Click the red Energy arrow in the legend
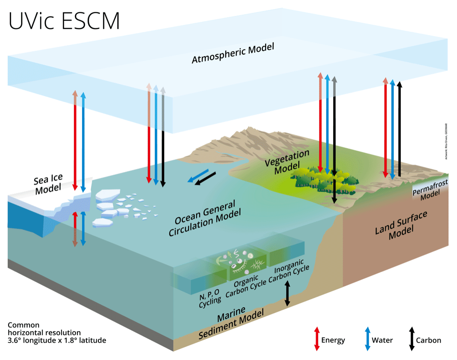click(x=317, y=338)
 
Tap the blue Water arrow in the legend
click(x=368, y=338)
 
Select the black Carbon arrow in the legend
click(x=411, y=338)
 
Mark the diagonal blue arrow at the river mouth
click(x=200, y=176)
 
